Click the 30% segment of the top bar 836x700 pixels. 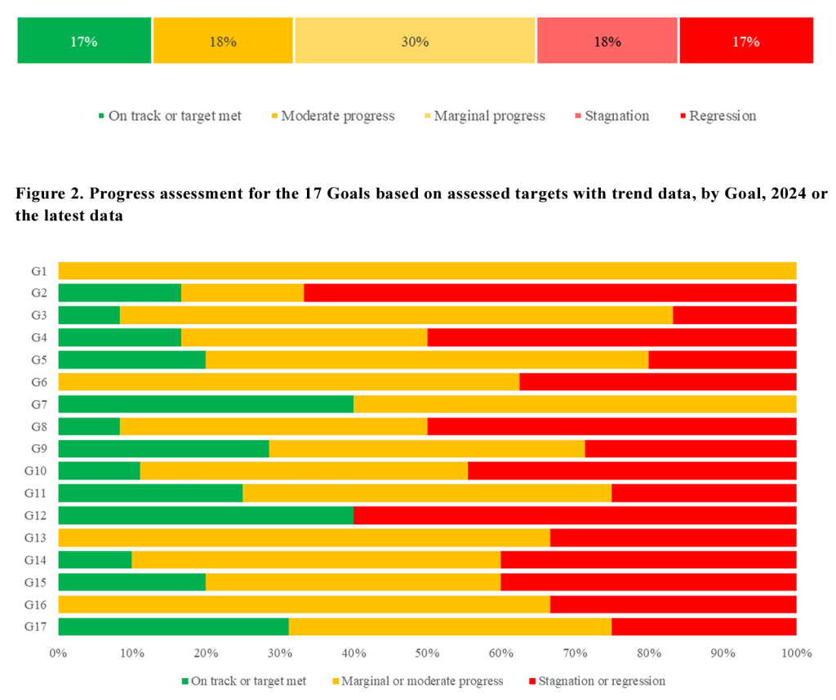pos(415,41)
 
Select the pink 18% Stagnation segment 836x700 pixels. pos(607,41)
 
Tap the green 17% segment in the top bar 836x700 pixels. pos(84,41)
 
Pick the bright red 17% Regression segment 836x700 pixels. pos(746,41)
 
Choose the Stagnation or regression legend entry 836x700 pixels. pos(597,680)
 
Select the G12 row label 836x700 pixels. pos(37,515)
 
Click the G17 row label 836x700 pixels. pos(37,626)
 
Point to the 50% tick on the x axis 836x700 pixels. pos(427,653)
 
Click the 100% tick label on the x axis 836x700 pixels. pos(796,653)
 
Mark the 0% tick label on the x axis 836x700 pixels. pos(58,653)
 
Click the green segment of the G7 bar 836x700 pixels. pos(206,404)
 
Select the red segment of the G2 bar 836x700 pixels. pos(550,292)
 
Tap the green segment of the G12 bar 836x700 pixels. pos(206,515)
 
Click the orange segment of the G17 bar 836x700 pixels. pos(450,626)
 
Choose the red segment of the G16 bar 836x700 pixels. pos(674,604)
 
